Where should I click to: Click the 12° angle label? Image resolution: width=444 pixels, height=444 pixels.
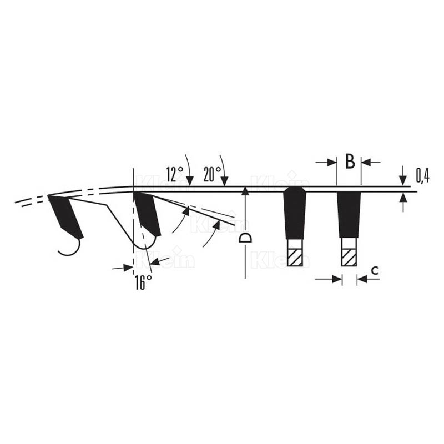(175, 174)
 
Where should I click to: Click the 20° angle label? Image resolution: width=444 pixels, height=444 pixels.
(213, 174)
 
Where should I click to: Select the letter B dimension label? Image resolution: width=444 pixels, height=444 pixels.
(350, 162)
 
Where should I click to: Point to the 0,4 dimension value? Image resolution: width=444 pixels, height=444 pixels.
(422, 175)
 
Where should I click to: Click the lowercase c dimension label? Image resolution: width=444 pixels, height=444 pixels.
(375, 271)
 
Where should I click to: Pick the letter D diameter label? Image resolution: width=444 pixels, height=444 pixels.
(245, 238)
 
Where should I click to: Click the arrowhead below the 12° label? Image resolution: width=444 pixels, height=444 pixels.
(190, 181)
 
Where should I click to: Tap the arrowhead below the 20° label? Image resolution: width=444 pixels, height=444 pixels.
(225, 181)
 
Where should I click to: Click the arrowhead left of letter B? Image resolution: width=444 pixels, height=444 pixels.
(331, 163)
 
